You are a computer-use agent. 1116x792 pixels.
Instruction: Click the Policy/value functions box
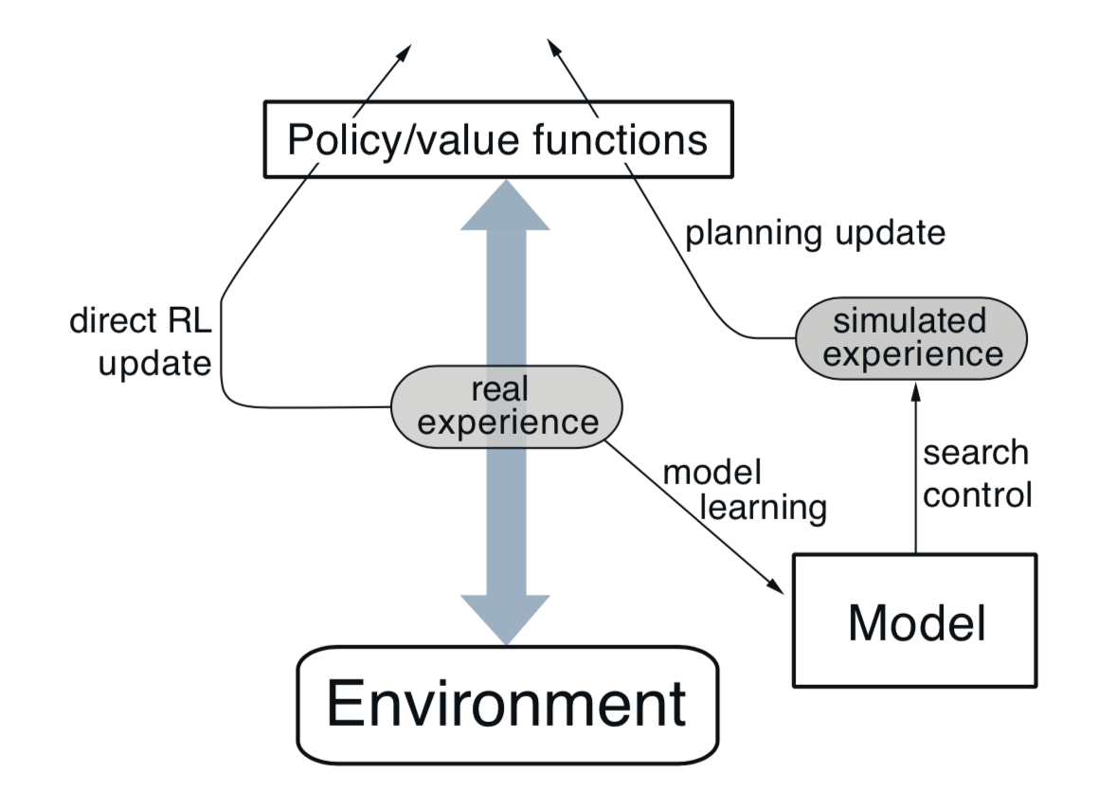click(498, 139)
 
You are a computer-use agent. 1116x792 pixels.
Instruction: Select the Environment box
click(508, 705)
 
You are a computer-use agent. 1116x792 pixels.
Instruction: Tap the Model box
click(914, 621)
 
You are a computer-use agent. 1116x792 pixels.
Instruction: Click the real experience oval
click(507, 407)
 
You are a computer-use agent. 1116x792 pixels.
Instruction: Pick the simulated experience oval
click(911, 339)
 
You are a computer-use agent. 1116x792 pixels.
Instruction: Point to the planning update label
click(815, 233)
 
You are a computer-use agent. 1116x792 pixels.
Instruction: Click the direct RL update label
click(141, 342)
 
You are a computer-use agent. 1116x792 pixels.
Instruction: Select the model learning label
click(745, 491)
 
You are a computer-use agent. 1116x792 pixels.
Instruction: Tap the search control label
click(978, 474)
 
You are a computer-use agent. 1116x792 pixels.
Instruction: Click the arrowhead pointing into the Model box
click(776, 587)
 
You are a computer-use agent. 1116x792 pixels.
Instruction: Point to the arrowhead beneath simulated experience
click(916, 391)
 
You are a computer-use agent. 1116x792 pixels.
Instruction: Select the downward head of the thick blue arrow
click(505, 620)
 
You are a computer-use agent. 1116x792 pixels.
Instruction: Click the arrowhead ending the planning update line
click(553, 48)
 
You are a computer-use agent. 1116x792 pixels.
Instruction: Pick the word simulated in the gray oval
click(909, 321)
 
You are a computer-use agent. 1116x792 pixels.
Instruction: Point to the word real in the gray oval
click(499, 389)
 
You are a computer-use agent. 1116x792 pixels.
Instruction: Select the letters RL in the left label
click(189, 322)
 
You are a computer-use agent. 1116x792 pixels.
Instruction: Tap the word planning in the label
click(754, 234)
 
